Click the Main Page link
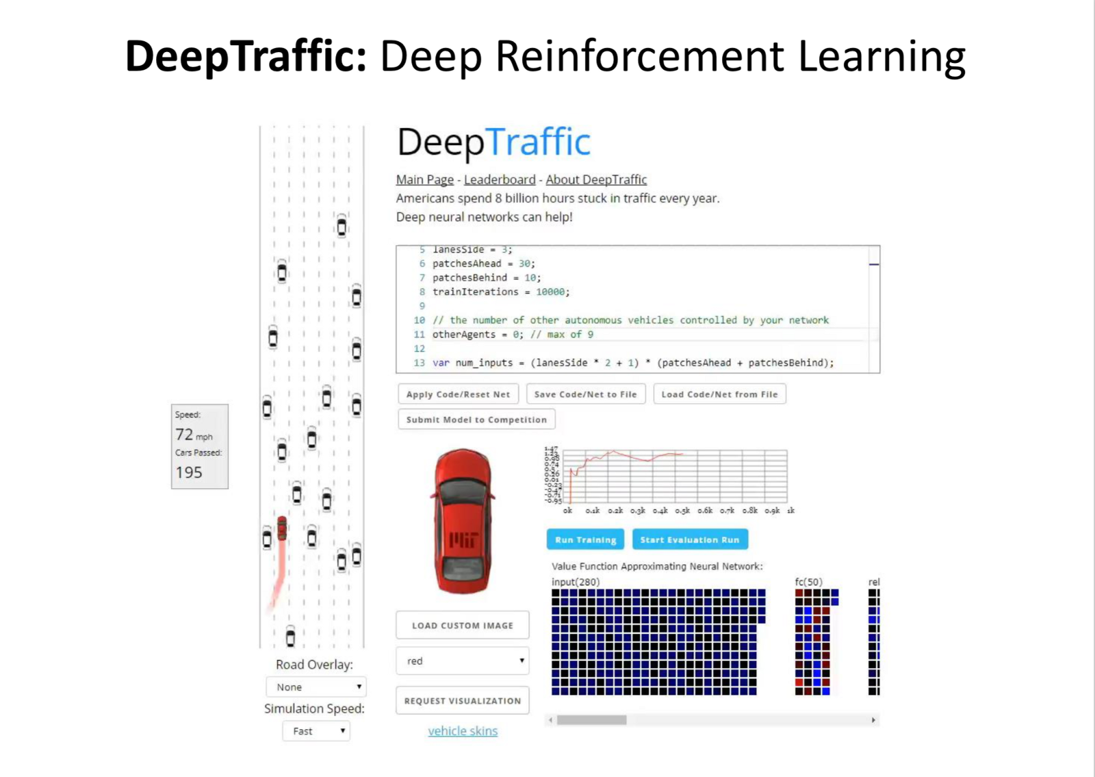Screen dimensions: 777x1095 click(424, 179)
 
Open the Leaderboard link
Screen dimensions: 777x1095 click(500, 179)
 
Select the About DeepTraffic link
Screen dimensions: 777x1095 click(595, 179)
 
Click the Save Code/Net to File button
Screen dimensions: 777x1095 click(585, 394)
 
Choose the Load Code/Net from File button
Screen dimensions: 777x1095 click(719, 394)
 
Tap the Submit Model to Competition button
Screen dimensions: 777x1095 click(476, 420)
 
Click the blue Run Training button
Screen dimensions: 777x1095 click(585, 539)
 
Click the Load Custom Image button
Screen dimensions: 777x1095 click(462, 625)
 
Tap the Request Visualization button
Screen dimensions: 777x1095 click(462, 701)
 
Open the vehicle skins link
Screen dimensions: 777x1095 click(463, 731)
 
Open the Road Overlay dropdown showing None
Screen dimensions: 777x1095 click(316, 687)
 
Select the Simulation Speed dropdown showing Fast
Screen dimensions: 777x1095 click(316, 731)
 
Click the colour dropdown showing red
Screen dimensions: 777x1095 click(462, 661)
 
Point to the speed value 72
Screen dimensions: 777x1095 click(184, 435)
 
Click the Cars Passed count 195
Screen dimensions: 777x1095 click(189, 472)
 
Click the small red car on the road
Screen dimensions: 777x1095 click(282, 528)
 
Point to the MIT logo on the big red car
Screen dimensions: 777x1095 click(463, 539)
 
